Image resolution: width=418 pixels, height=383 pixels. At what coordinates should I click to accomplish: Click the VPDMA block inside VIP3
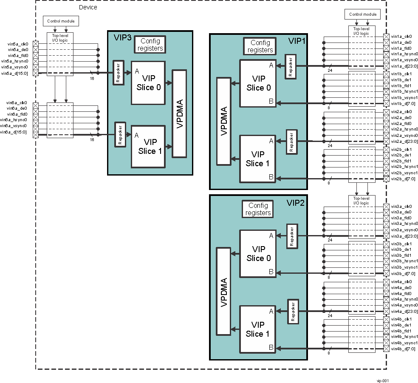(x=179, y=113)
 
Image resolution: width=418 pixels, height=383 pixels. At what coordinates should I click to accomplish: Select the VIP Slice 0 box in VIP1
(x=258, y=83)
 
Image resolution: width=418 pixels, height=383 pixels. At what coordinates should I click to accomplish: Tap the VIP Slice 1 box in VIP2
(x=258, y=329)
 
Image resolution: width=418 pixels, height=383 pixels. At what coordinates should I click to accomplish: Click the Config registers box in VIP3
(x=150, y=44)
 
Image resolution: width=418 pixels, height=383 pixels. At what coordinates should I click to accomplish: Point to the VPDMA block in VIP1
(x=223, y=121)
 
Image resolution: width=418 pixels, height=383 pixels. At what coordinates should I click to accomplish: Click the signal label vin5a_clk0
(x=18, y=44)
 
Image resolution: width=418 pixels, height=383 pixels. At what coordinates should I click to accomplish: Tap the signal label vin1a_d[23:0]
(x=404, y=66)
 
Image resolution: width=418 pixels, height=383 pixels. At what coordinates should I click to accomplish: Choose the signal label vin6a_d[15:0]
(x=17, y=132)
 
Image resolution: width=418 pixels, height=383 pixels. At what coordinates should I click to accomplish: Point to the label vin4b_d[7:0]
(x=403, y=349)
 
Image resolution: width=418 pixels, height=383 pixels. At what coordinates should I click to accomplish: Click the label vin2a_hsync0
(x=404, y=129)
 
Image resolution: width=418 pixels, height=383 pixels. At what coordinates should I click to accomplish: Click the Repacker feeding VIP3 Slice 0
(x=118, y=72)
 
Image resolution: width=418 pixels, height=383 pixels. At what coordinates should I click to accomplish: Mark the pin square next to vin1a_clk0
(x=386, y=37)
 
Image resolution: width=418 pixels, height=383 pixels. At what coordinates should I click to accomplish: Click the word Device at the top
(x=88, y=7)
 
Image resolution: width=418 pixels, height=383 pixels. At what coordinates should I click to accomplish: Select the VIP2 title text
(x=296, y=203)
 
